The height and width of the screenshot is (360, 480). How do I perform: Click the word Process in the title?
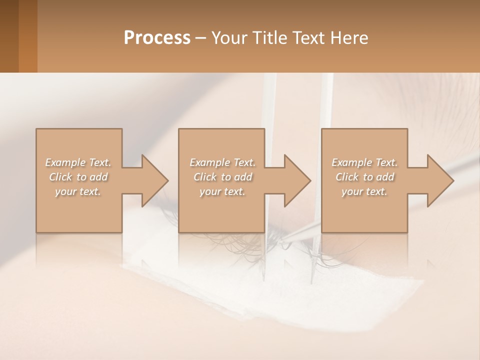tap(157, 38)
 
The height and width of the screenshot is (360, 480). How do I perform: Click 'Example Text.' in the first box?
tap(78, 162)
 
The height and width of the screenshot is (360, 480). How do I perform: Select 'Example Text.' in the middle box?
tap(222, 162)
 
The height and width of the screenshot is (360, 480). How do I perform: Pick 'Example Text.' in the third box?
tap(364, 162)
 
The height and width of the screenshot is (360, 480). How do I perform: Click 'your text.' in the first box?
tap(78, 191)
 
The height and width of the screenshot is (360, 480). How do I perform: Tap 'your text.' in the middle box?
tap(222, 191)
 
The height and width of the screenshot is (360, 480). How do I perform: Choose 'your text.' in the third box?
tap(364, 191)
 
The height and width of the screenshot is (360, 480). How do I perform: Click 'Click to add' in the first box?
tap(78, 177)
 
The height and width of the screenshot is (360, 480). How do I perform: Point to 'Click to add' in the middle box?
tap(222, 177)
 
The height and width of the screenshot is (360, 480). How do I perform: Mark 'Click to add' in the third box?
tap(364, 177)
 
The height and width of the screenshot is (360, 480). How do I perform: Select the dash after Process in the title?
tap(201, 38)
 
